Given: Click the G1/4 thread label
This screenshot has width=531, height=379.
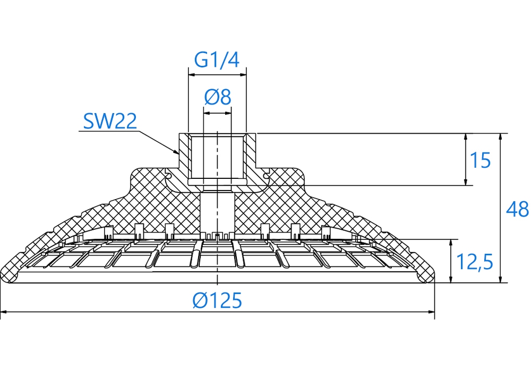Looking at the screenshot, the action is (x=217, y=59).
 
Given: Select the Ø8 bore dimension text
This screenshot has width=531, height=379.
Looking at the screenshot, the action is (x=218, y=97).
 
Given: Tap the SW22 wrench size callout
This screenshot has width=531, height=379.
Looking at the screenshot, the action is (x=110, y=121).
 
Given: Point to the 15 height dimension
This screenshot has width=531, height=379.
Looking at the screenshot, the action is (x=480, y=160).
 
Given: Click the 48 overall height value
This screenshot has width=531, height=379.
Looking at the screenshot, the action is (x=517, y=209).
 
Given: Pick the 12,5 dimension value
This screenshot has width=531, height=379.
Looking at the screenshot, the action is (x=474, y=262).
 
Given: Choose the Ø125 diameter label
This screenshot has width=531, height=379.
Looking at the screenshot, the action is (x=217, y=300).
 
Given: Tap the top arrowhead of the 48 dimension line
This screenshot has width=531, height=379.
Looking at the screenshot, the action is (x=500, y=137).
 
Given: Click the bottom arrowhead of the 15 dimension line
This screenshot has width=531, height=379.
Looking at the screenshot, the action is (x=466, y=181).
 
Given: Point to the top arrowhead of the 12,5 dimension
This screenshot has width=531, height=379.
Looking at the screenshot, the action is (x=451, y=244).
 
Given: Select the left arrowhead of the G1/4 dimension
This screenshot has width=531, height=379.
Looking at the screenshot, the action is (x=193, y=74).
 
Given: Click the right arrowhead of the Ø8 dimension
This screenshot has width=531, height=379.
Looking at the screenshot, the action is (x=227, y=113).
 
